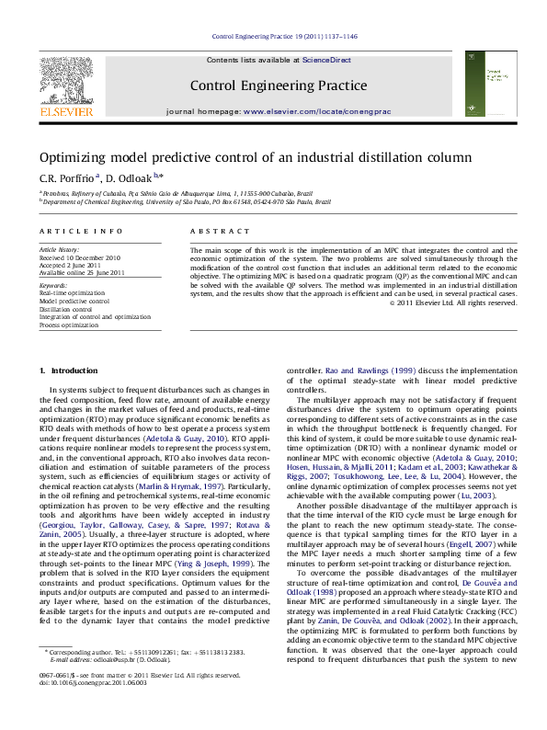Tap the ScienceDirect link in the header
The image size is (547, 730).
pyautogui.click(x=327, y=60)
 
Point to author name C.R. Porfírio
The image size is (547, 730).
pyautogui.click(x=66, y=176)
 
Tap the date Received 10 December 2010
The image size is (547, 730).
pyautogui.click(x=80, y=258)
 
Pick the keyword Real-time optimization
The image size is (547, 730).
pyautogui.click(x=74, y=292)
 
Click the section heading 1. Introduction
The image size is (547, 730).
pyautogui.click(x=63, y=371)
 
